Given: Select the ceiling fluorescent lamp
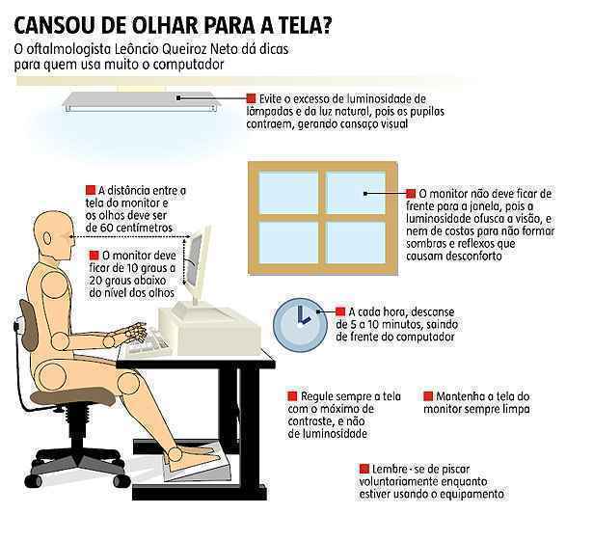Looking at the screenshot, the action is (141, 102).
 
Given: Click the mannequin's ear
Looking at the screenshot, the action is (47, 238).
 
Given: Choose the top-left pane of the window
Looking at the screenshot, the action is (288, 193).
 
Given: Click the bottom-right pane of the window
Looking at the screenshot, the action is (356, 242).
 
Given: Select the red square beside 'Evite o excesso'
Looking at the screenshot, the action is (251, 98).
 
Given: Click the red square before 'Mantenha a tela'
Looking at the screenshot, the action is (428, 396).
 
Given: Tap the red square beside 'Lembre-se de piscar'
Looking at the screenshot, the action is (364, 469).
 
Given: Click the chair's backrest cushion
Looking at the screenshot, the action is (30, 325).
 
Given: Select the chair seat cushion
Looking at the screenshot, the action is (72, 397).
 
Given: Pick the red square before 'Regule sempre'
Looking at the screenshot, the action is (292, 396).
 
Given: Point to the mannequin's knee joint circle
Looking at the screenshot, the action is (128, 383).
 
